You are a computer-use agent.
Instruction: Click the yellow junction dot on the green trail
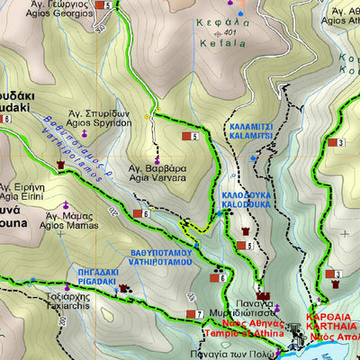(155, 112)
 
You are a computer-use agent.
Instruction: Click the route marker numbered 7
(192, 313)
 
